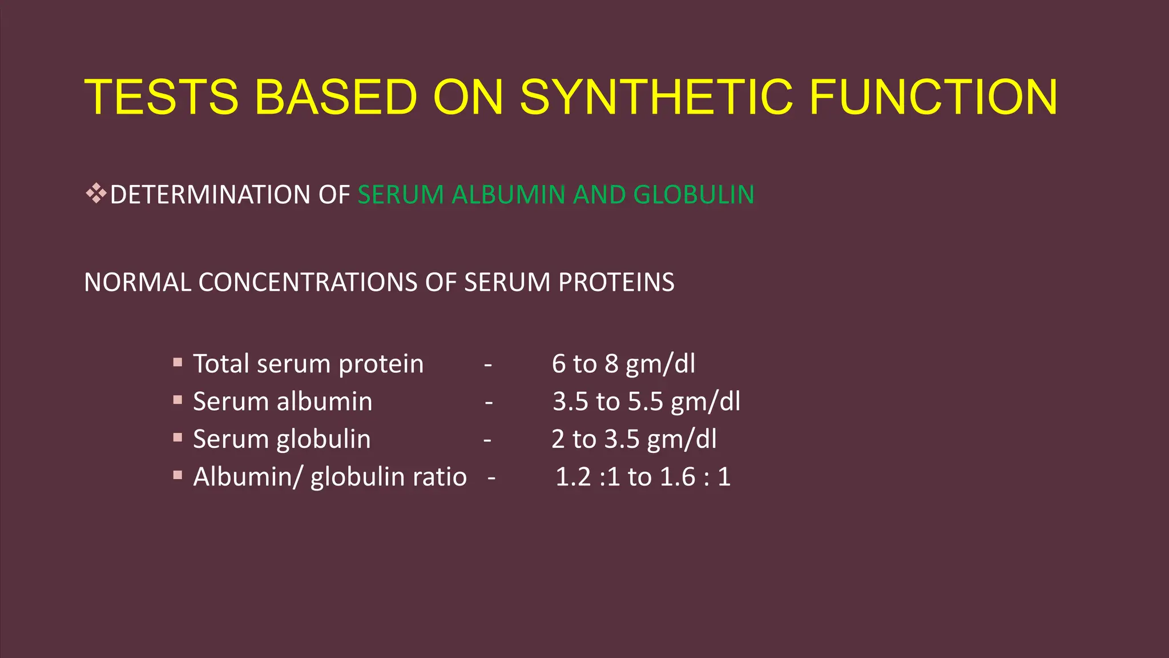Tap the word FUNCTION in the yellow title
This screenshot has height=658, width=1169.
click(933, 97)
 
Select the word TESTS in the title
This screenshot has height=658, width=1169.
click(162, 97)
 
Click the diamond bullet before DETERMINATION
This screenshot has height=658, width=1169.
click(96, 194)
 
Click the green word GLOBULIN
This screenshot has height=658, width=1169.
click(694, 195)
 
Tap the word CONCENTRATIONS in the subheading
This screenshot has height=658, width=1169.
click(308, 283)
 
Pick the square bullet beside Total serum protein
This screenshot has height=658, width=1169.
click(178, 362)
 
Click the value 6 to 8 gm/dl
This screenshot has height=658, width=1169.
click(623, 364)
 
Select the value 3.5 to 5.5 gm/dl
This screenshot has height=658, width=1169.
click(646, 402)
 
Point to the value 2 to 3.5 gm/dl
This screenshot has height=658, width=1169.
click(634, 439)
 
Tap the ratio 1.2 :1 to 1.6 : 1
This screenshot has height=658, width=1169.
click(643, 477)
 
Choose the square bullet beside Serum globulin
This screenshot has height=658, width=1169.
click(178, 438)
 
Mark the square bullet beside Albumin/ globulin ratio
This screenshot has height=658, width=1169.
click(178, 475)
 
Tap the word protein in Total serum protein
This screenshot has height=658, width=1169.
click(381, 364)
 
